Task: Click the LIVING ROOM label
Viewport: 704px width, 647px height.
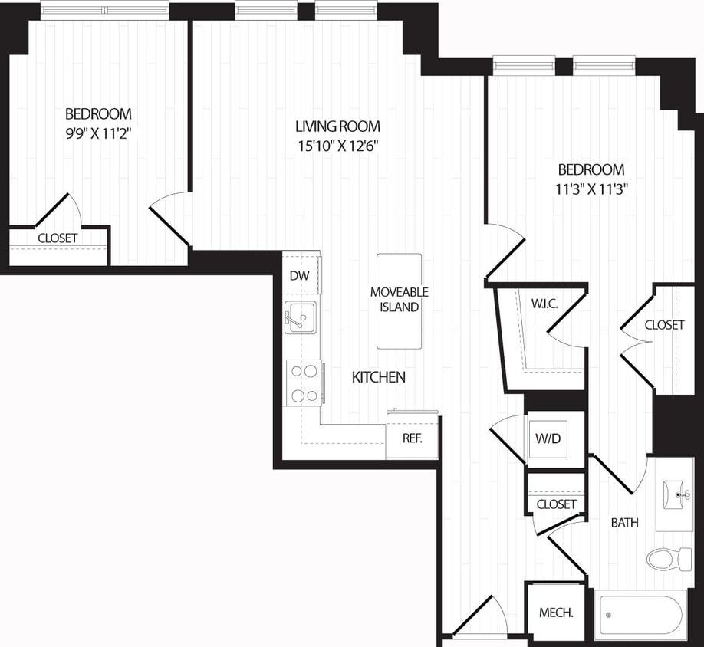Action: pyautogui.click(x=338, y=126)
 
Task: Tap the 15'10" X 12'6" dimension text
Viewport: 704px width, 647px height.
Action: pyautogui.click(x=338, y=146)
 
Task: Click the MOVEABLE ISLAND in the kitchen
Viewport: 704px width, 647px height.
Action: pyautogui.click(x=399, y=300)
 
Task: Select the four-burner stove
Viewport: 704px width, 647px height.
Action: pyautogui.click(x=302, y=383)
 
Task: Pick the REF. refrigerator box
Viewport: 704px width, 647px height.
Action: pyautogui.click(x=412, y=439)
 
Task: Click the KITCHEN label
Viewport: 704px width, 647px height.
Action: pyautogui.click(x=378, y=377)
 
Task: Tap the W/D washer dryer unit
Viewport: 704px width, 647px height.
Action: pyautogui.click(x=556, y=439)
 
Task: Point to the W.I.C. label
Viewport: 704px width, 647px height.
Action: pyautogui.click(x=544, y=304)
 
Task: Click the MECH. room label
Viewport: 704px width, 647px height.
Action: pyautogui.click(x=556, y=613)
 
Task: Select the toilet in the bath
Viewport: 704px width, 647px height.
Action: pyautogui.click(x=668, y=558)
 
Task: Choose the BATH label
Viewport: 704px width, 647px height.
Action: pyautogui.click(x=624, y=523)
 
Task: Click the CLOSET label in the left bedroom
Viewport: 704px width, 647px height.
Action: pyautogui.click(x=58, y=238)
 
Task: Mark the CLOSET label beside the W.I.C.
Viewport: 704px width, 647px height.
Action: pyautogui.click(x=664, y=325)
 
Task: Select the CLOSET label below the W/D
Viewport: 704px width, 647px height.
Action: pyautogui.click(x=556, y=504)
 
